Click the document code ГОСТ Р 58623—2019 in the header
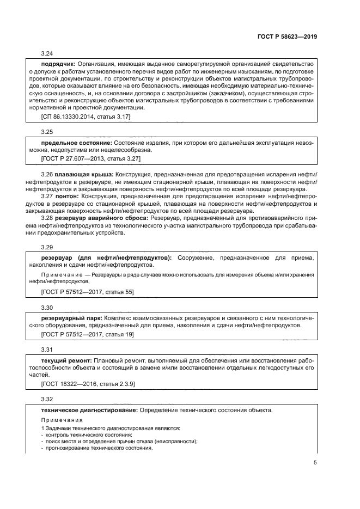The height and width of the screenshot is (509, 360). [x=286, y=37]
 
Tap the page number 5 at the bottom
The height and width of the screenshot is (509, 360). [x=315, y=463]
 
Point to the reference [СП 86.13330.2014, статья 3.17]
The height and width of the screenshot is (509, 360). [x=85, y=116]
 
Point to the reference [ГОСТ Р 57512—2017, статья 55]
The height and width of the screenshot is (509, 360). [x=87, y=292]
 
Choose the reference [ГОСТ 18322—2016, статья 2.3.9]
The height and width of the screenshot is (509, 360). [x=88, y=384]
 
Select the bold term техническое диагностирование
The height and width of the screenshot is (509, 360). [x=89, y=410]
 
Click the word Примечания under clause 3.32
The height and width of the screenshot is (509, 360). [x=59, y=421]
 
